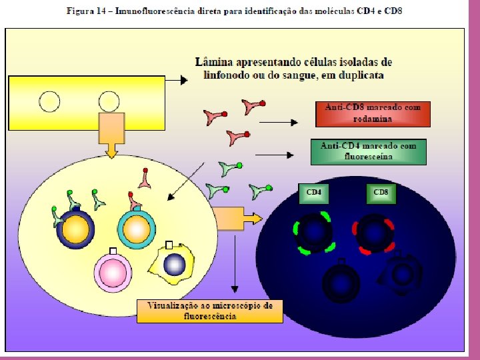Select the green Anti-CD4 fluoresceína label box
click(x=368, y=151)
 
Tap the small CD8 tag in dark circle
click(x=381, y=193)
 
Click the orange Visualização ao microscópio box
click(x=209, y=311)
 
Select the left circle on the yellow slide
click(x=50, y=101)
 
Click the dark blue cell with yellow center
click(x=77, y=229)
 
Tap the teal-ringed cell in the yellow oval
click(x=137, y=229)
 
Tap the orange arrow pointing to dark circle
click(x=237, y=217)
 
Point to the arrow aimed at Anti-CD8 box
click(x=277, y=123)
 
